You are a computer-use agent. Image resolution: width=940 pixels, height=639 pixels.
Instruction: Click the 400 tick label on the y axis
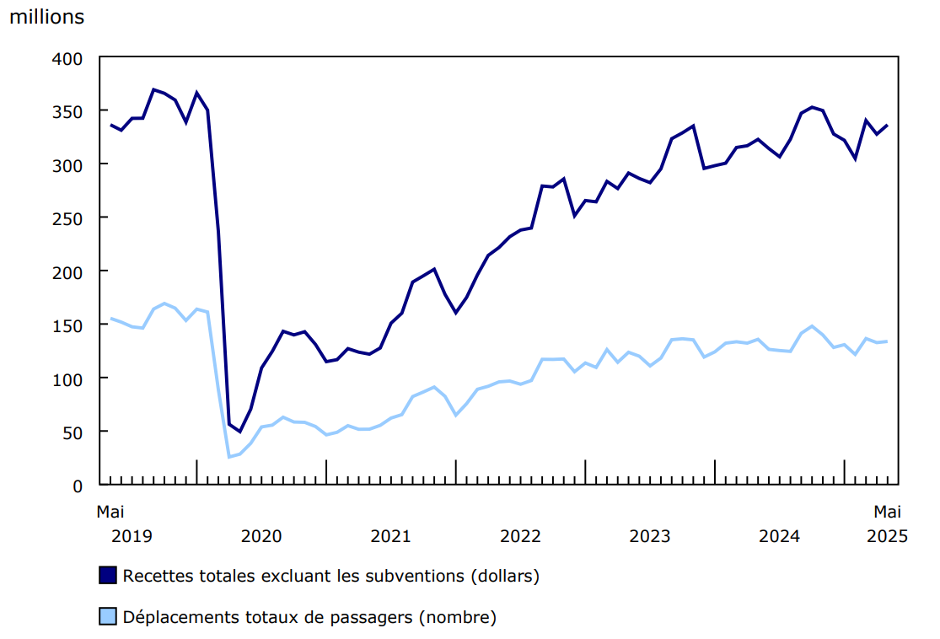[69, 59]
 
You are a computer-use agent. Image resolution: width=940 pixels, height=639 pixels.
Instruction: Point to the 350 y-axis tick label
[69, 112]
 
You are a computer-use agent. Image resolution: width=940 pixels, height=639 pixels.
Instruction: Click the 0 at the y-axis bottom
[78, 486]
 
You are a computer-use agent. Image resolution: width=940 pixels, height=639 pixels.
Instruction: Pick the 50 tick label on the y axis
[73, 432]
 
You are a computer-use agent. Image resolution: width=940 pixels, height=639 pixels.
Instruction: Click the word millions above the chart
[46, 17]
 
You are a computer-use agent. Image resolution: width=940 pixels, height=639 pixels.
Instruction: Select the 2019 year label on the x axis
[132, 536]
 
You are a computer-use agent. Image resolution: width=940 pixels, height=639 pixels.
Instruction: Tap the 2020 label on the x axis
[261, 536]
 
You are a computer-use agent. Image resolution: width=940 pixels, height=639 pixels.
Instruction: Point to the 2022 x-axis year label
[520, 536]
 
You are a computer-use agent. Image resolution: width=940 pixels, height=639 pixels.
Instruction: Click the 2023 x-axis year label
[650, 536]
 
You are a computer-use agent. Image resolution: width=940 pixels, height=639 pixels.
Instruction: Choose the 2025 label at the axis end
[887, 536]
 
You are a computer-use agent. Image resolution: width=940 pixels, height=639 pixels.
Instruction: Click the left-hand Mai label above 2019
[110, 511]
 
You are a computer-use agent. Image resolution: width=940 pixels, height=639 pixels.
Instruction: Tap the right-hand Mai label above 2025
[887, 511]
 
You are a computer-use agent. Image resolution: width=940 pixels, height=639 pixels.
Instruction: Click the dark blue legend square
[107, 576]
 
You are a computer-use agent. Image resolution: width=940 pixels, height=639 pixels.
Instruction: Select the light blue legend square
[107, 617]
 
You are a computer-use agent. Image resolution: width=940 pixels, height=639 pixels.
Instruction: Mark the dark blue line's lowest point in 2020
[239, 432]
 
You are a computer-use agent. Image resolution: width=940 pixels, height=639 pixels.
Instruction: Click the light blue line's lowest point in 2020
[228, 457]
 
